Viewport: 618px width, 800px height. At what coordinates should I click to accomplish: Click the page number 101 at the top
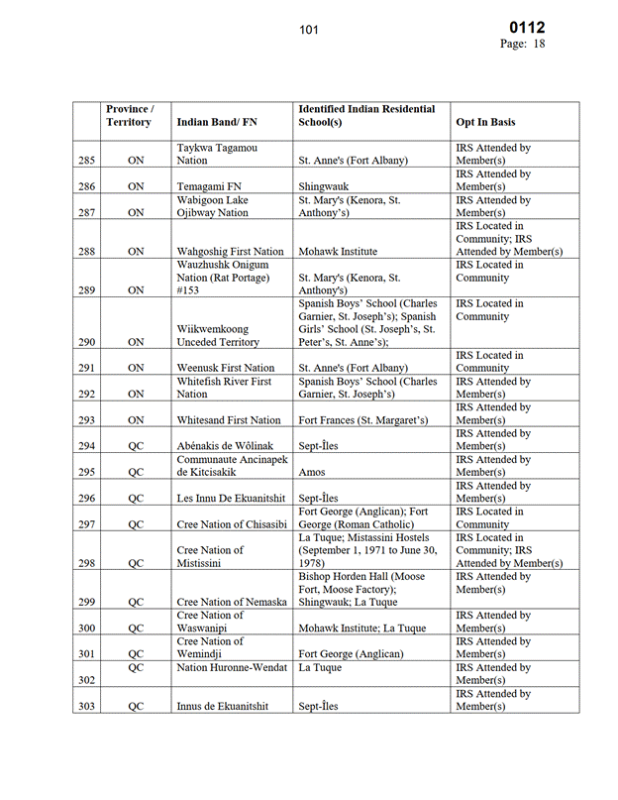(x=309, y=30)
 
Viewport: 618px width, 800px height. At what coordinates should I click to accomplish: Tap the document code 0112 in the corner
(x=526, y=28)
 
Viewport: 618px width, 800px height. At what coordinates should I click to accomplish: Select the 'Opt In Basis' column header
(x=485, y=122)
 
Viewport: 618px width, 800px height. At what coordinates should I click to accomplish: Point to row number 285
(x=85, y=160)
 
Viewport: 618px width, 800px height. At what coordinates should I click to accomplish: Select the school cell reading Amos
(x=314, y=472)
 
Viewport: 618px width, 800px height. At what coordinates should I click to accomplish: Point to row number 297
(x=85, y=524)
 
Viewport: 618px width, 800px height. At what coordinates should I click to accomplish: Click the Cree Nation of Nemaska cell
(x=232, y=602)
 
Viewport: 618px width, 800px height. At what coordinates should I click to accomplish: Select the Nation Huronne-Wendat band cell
(x=232, y=667)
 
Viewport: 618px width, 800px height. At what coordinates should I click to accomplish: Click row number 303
(x=85, y=705)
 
